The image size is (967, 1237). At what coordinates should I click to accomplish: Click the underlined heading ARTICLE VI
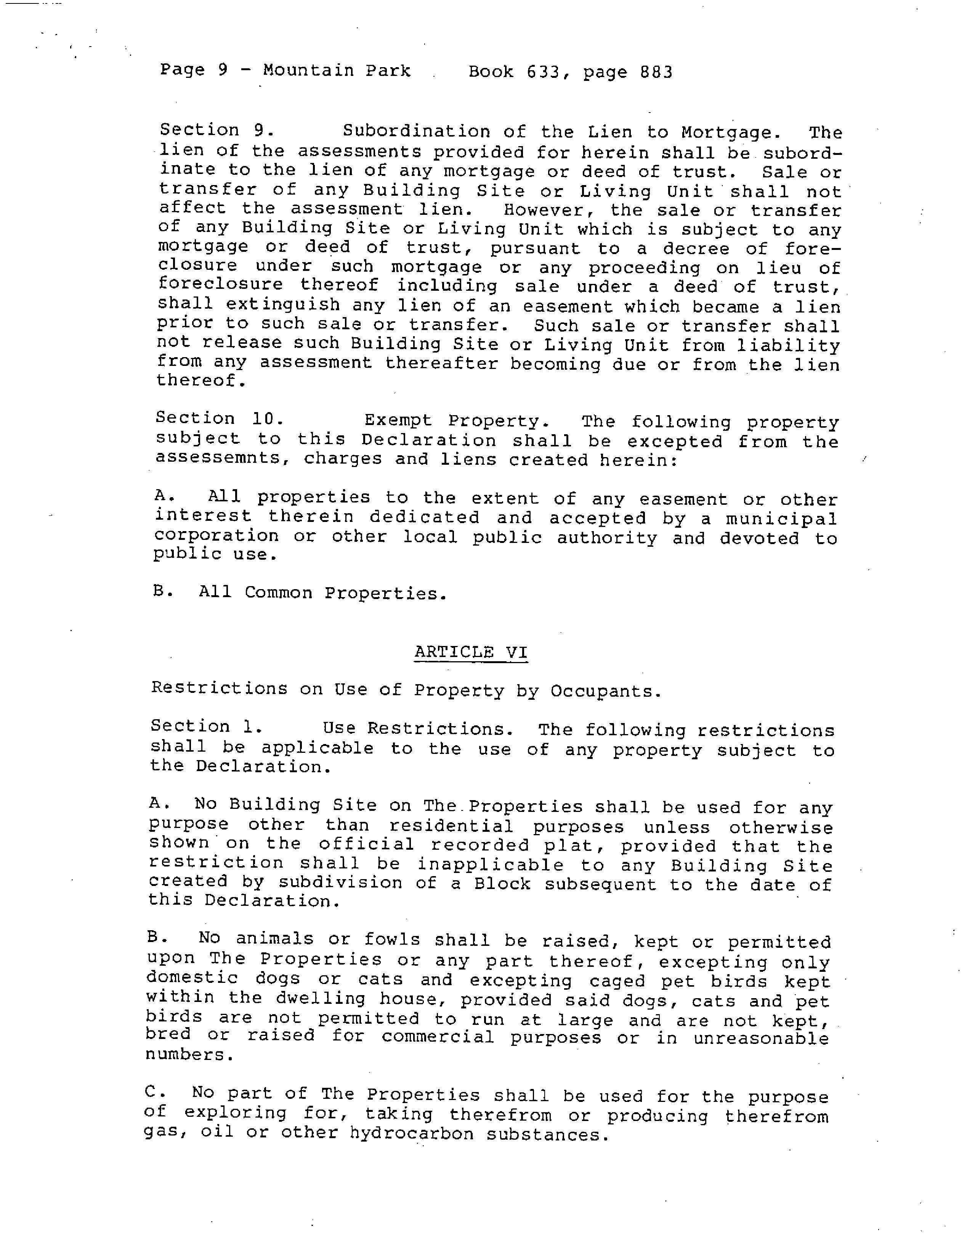470,652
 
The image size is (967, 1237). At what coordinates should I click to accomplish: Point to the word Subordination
416,132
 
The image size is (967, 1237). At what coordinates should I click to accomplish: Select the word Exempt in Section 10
398,420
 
